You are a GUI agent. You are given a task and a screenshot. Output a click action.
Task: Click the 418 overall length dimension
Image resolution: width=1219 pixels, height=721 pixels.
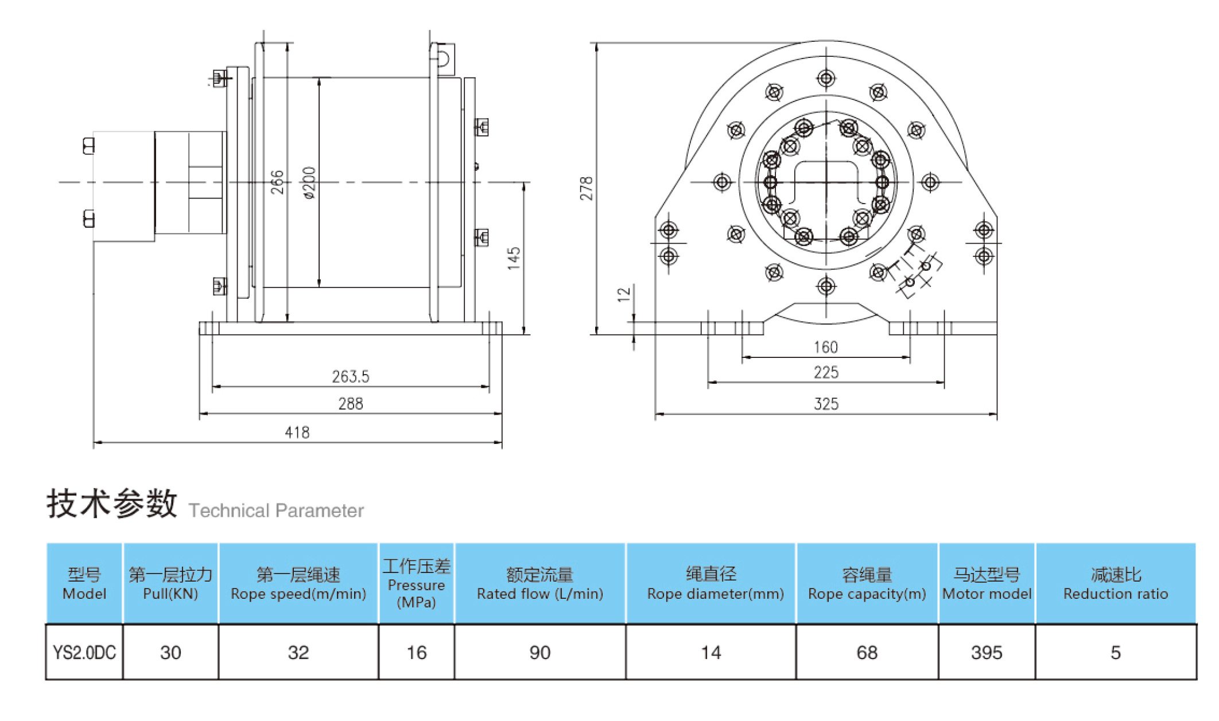point(297,432)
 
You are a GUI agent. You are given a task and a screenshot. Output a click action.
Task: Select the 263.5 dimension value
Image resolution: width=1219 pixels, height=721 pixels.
point(350,377)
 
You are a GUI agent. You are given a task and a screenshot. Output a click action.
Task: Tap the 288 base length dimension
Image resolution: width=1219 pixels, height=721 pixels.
point(350,404)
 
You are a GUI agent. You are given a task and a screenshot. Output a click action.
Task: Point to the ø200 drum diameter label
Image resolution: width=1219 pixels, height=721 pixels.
point(309,182)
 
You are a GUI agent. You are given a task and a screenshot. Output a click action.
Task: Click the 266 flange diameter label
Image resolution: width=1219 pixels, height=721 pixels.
point(277,182)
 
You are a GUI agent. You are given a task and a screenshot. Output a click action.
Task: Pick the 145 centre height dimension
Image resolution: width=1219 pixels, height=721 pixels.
point(514,258)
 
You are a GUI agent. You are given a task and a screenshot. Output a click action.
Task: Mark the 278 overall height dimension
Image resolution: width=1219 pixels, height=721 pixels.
point(585,188)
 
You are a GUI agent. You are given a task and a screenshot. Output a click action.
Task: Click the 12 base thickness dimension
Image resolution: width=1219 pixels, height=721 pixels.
point(624,294)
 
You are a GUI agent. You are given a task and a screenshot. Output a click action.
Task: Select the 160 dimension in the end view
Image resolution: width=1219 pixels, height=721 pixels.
point(825,347)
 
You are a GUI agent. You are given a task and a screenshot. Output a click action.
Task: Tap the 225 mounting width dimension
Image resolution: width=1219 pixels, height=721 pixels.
point(825,373)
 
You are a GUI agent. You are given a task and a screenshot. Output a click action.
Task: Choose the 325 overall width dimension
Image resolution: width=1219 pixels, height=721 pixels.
point(825,404)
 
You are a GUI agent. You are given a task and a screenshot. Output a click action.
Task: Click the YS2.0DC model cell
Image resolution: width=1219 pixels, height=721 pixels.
point(84,652)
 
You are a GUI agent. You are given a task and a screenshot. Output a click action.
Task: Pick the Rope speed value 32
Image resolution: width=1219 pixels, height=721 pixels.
point(298,652)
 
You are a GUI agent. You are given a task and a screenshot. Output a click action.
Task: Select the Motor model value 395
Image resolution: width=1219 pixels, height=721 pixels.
point(986,652)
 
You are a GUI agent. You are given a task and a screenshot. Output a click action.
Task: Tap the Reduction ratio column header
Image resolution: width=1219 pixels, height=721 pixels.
point(1115,583)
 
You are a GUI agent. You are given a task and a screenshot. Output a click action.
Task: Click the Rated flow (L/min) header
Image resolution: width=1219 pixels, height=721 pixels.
point(539,583)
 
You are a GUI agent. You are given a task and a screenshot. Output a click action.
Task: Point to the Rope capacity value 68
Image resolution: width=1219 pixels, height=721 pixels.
point(867,652)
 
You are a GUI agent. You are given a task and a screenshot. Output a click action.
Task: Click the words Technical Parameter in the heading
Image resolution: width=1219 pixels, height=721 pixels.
point(276,510)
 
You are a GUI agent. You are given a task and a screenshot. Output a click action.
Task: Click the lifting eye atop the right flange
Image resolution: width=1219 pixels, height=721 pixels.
point(443,56)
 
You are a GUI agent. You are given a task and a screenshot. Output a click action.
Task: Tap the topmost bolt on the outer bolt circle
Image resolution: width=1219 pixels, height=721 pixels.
point(826,78)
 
